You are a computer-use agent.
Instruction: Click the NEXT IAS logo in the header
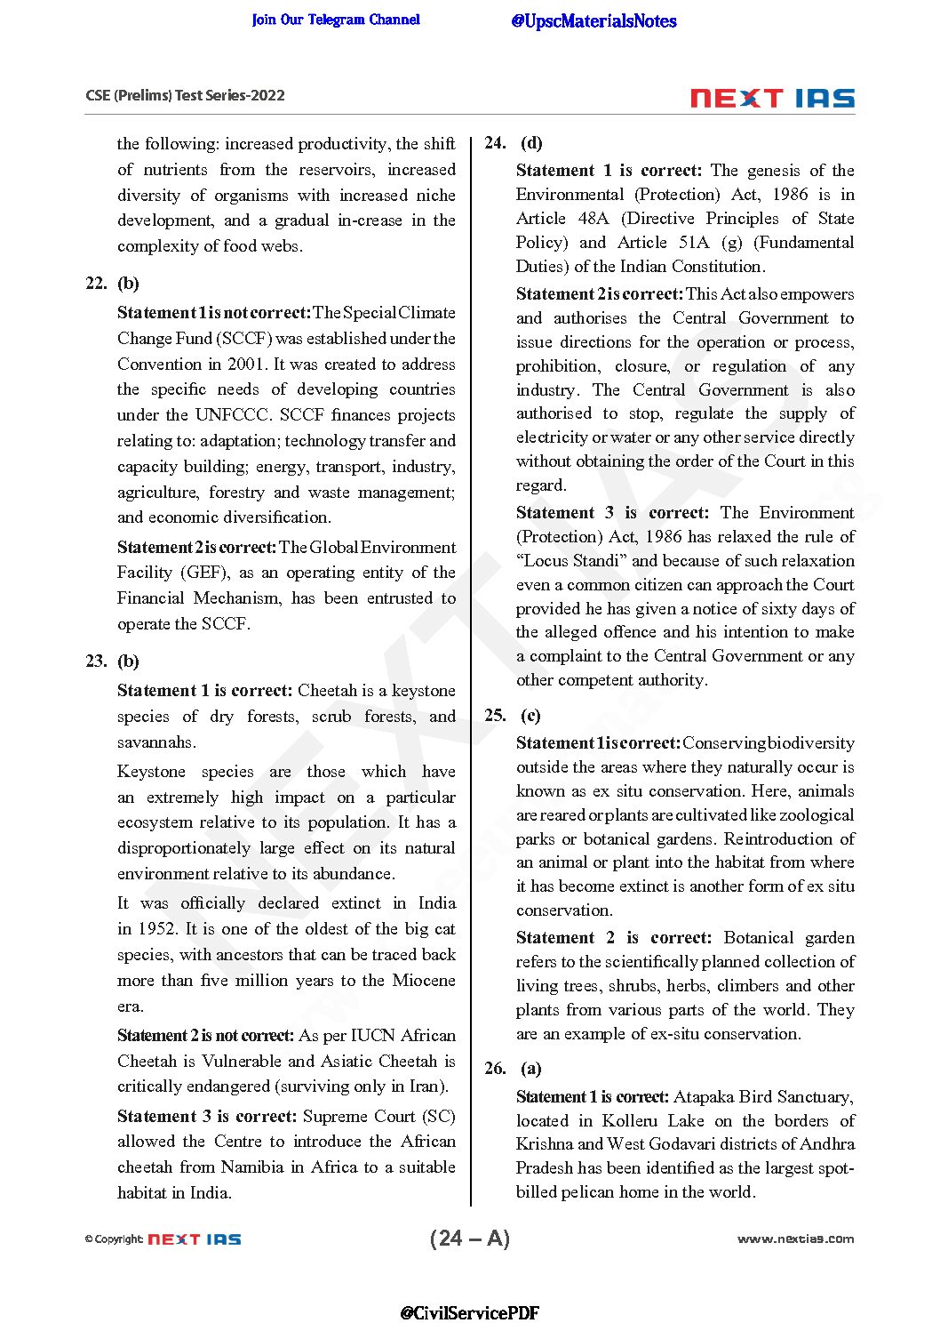(772, 98)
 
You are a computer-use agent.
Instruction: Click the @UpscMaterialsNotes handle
(593, 21)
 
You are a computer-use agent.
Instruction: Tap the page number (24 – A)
(469, 1239)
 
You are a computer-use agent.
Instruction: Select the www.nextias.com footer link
(795, 1239)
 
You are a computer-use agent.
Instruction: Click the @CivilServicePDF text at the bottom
(469, 1312)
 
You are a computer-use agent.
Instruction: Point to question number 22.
(96, 284)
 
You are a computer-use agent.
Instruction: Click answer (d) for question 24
(531, 143)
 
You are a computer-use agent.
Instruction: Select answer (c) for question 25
(530, 716)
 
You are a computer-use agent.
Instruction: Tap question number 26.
(495, 1069)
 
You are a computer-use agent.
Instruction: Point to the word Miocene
(424, 981)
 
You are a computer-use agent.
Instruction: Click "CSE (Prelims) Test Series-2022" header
(185, 96)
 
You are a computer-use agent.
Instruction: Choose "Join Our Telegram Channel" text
(336, 20)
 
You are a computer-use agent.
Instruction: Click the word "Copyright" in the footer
(119, 1239)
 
